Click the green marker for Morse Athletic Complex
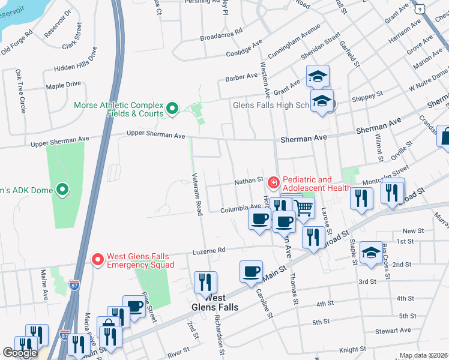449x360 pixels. (172, 109)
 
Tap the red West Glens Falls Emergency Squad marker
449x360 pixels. (98, 260)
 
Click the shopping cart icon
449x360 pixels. (304, 208)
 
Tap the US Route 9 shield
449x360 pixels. (420, 8)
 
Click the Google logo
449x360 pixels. (20, 352)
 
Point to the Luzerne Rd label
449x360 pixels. (208, 251)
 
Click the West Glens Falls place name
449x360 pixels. (214, 302)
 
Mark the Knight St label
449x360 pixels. (352, 349)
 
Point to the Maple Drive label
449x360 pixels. (63, 85)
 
